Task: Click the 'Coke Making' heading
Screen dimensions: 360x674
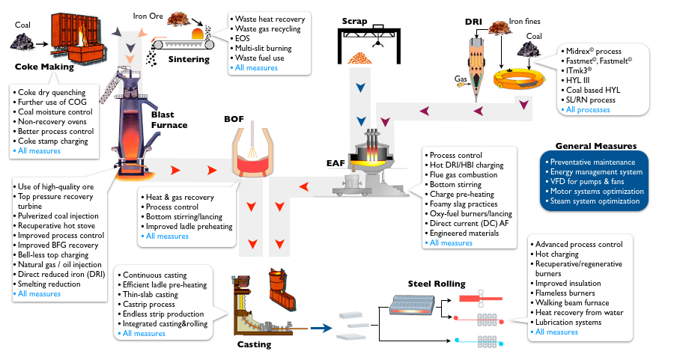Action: (x=44, y=67)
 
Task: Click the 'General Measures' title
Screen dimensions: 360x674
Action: (x=595, y=146)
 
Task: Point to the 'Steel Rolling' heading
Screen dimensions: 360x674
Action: (x=437, y=284)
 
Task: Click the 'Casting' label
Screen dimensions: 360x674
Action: (x=254, y=344)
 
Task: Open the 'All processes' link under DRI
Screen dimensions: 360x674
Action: (x=588, y=110)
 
